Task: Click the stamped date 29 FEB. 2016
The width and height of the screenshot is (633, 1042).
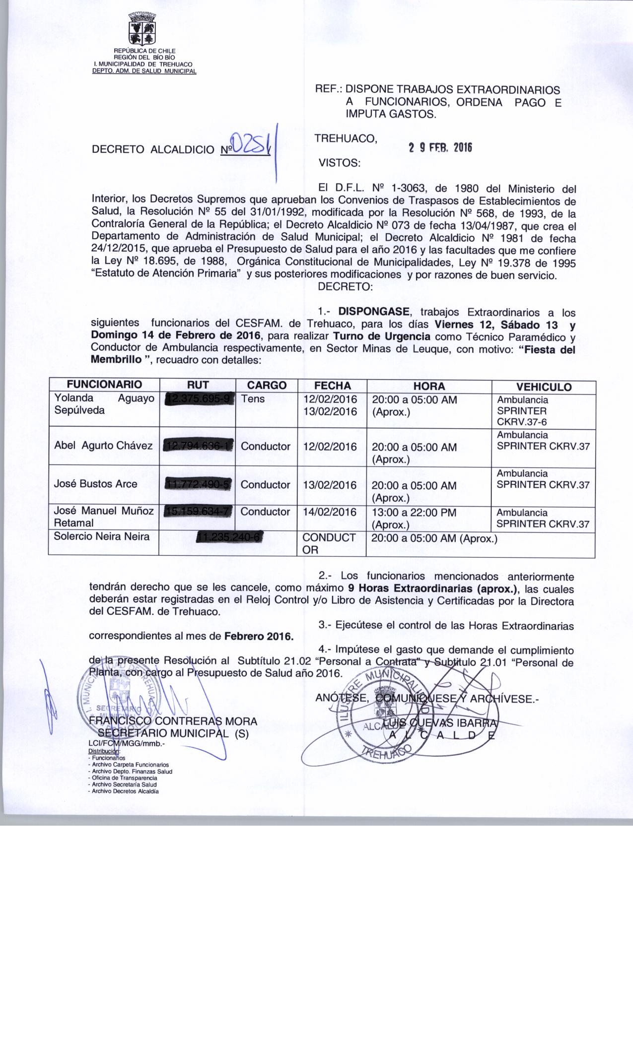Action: (439, 148)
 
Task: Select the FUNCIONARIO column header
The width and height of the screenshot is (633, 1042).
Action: (104, 385)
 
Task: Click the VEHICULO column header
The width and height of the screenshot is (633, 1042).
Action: (544, 387)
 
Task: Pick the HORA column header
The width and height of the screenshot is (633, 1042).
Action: (429, 386)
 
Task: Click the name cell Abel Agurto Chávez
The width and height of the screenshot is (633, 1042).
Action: (103, 446)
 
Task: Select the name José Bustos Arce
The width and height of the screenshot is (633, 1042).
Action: (95, 484)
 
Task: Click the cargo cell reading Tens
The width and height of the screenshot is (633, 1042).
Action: (253, 399)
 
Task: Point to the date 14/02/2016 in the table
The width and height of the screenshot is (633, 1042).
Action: (330, 512)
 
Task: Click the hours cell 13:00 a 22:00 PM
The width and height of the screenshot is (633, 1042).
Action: (414, 513)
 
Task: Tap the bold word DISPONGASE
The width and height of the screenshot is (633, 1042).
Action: (374, 312)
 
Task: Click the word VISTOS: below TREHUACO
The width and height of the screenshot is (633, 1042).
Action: (340, 163)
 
